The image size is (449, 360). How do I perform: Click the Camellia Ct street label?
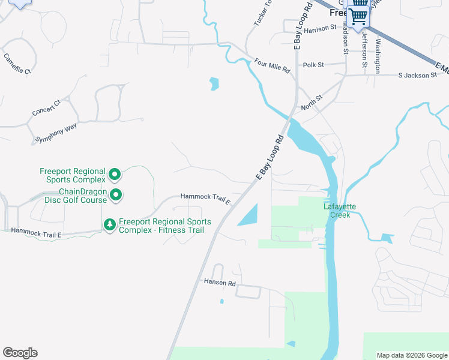click(17, 64)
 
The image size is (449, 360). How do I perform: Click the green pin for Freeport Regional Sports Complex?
click(114, 175)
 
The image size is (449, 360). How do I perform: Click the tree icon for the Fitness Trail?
click(110, 224)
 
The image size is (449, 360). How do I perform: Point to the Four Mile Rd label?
click(272, 65)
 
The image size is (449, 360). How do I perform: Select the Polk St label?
click(313, 65)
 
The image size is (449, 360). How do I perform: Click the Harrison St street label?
click(320, 29)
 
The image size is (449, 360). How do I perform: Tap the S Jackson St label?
click(418, 76)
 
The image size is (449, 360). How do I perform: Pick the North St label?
click(312, 97)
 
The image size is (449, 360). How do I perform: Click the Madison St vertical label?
click(346, 35)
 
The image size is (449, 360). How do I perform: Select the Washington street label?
click(378, 55)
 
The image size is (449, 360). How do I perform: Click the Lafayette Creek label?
click(340, 211)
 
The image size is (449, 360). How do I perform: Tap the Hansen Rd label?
click(219, 282)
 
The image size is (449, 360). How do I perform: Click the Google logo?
click(20, 353)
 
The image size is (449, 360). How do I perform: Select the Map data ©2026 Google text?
click(411, 355)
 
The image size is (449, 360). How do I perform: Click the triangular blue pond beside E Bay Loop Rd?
click(249, 217)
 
